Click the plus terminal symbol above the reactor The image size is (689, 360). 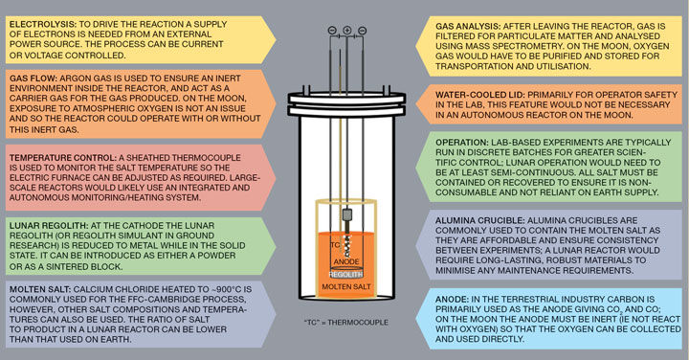tap(347, 30)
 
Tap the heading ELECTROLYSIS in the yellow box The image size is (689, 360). tap(43, 24)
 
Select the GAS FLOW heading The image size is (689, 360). tap(33, 79)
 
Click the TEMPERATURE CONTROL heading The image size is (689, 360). tap(63, 157)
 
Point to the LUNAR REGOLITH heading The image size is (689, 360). tap(49, 226)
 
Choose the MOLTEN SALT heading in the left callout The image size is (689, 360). tap(40, 289)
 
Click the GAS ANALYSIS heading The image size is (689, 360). tap(468, 27)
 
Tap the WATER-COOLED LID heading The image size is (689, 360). tap(479, 95)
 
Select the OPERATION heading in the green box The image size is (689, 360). tap(462, 143)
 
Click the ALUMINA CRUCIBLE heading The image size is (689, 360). tap(479, 220)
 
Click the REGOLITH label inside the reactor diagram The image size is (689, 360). tap(345, 274)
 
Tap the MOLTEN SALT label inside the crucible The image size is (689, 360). tap(346, 286)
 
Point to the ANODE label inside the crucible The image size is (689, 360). tap(346, 262)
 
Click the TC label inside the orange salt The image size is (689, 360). tap(335, 245)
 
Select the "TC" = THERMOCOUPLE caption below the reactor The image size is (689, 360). tap(346, 323)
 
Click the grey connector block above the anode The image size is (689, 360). tap(346, 214)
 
